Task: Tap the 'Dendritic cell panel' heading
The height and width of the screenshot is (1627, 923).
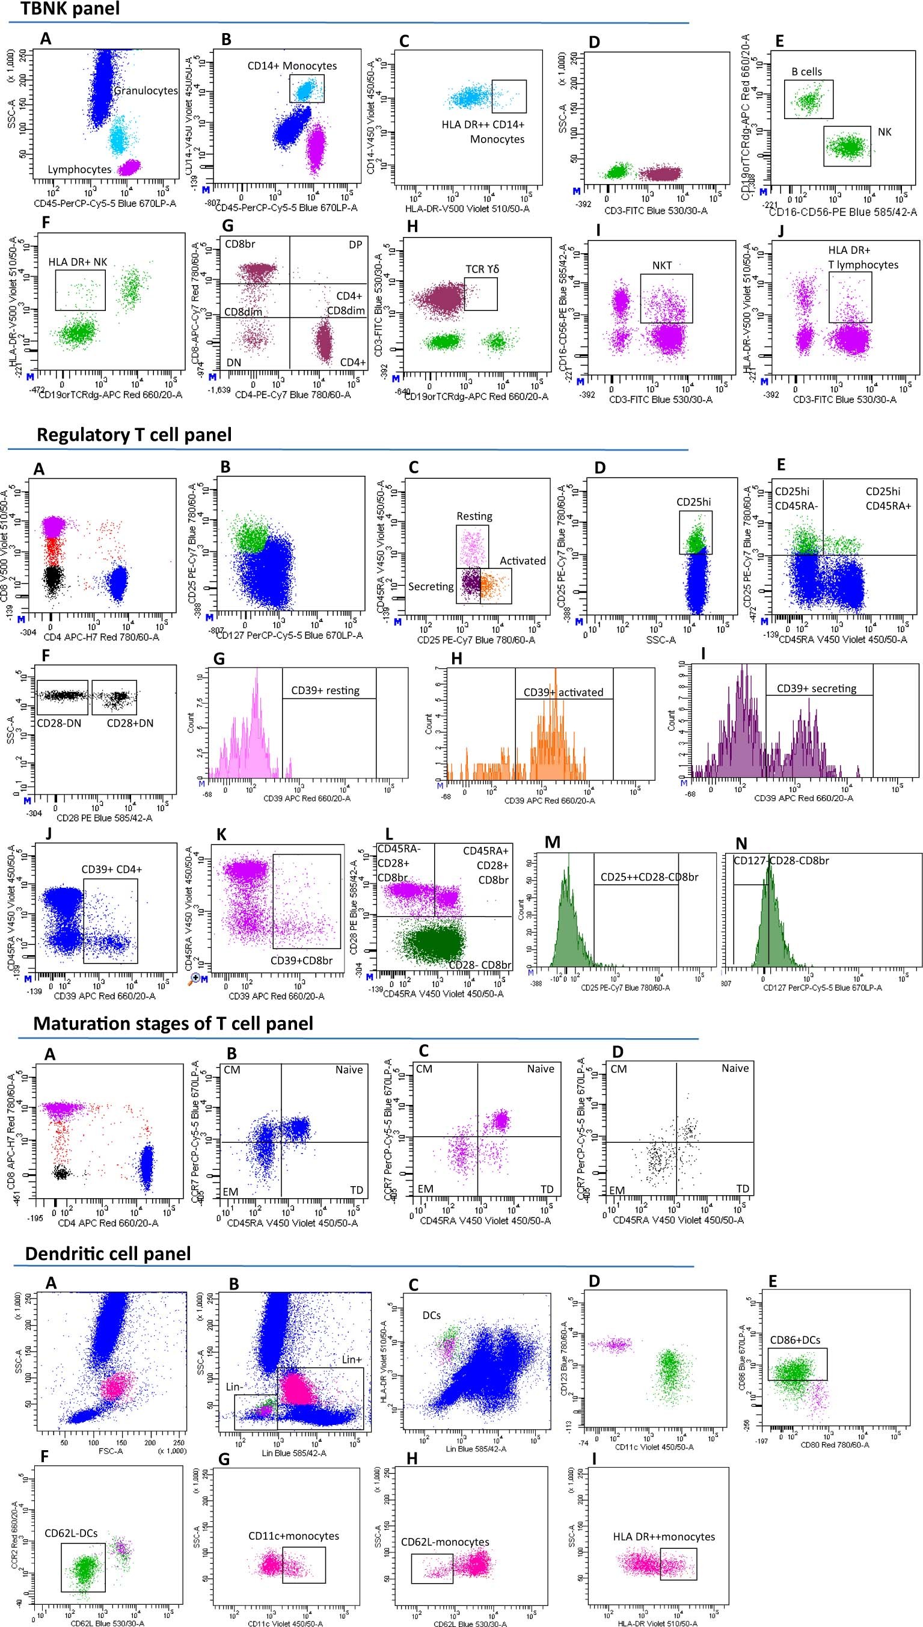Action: point(108,1253)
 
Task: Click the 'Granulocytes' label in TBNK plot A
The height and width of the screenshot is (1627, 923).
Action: point(146,91)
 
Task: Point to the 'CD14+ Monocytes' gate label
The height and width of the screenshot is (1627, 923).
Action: point(292,66)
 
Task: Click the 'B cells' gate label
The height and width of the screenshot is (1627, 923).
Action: point(806,72)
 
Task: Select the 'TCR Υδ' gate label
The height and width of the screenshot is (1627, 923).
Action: point(482,269)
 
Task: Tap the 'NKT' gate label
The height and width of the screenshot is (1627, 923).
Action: point(662,266)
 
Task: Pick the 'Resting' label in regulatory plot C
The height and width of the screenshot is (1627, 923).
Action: point(474,516)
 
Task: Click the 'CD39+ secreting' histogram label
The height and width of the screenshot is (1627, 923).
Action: point(816,688)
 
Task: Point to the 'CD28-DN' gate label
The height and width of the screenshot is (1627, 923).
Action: point(61,722)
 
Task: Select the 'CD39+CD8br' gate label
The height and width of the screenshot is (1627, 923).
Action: point(301,960)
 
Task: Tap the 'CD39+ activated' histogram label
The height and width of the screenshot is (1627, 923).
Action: point(563,692)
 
